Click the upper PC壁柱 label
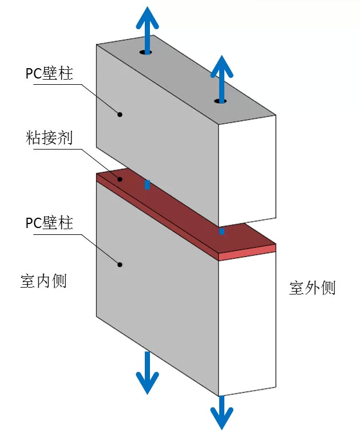pos(50,74)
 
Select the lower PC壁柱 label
pos(50,222)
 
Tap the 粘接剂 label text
pos(50,138)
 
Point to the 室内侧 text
pos(43,281)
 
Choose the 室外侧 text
pos(312,288)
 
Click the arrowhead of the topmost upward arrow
pos(147,17)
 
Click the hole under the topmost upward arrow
pos(146,53)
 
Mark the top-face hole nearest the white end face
pos(221,101)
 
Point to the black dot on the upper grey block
pos(120,114)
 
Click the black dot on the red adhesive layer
pos(120,179)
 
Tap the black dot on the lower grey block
pos(120,264)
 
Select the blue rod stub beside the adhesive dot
pos(147,184)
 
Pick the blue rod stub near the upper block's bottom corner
pos(221,231)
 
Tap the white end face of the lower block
pos(247,321)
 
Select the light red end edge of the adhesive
pos(247,252)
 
